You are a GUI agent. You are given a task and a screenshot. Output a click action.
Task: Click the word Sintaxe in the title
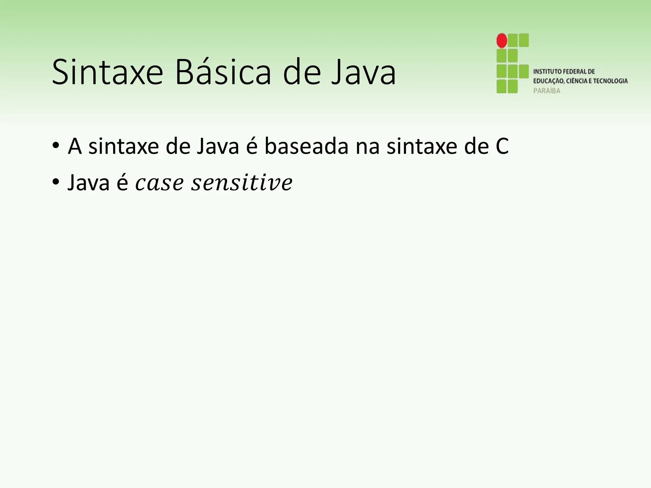tap(107, 72)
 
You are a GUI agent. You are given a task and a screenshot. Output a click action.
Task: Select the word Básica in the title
tap(223, 72)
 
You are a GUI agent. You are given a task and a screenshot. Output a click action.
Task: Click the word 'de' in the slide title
tap(302, 72)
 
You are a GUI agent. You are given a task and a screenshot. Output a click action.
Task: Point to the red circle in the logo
tap(502, 40)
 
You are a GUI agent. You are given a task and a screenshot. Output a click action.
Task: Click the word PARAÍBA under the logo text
tap(546, 91)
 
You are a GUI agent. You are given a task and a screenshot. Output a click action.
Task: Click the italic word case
tap(159, 184)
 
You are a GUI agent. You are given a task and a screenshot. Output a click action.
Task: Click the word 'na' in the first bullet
tap(367, 147)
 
